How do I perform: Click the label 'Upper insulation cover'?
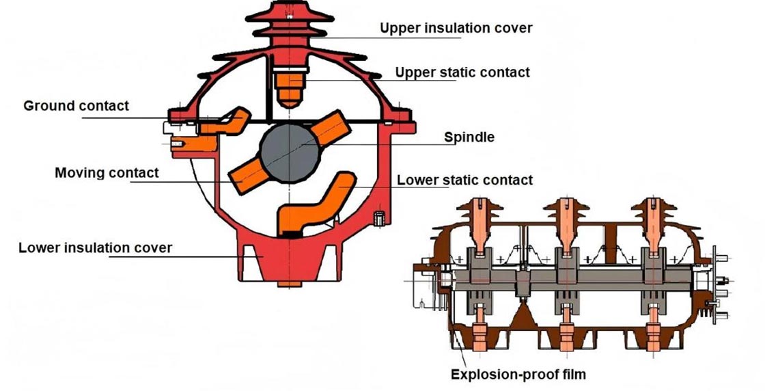456,28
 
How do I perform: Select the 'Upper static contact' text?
462,72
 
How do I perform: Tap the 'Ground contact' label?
76,106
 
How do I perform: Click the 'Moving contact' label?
107,172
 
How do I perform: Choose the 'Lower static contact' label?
464,180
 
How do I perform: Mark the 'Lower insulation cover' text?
96,247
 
